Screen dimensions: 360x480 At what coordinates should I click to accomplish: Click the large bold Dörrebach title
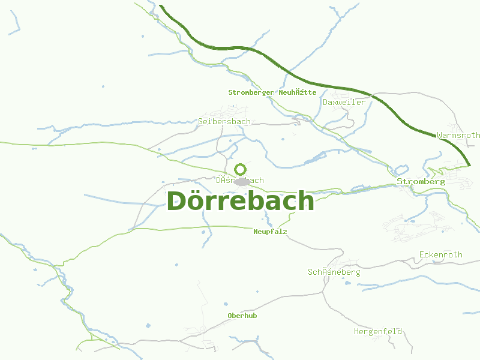240,201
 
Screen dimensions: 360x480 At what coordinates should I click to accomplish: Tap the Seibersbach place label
224,121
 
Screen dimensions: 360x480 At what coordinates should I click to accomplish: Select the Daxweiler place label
344,103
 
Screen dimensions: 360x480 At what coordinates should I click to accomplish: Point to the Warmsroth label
458,136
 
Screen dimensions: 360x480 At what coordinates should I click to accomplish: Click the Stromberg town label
421,181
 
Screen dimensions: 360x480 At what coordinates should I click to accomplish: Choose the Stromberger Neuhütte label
272,92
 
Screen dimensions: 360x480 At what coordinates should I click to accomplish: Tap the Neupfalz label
270,232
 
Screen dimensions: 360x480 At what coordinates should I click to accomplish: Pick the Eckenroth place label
441,254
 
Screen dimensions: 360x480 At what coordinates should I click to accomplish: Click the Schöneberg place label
334,272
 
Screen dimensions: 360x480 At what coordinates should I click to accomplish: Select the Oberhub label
242,316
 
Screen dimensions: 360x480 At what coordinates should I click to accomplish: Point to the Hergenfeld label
377,331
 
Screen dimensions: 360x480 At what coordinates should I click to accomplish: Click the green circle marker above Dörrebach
241,169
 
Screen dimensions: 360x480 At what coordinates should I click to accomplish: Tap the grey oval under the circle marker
242,181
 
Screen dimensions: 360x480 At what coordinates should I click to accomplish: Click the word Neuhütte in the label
298,92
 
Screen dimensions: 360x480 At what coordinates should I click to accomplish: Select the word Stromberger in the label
251,92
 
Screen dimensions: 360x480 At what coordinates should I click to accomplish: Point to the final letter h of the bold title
305,201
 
